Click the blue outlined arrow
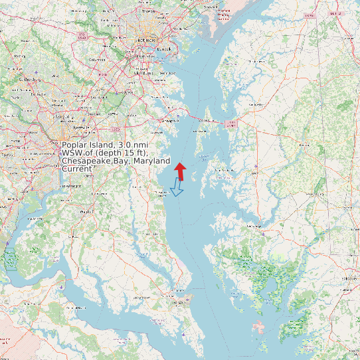click(x=176, y=190)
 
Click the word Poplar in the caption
click(x=74, y=145)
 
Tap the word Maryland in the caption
click(x=151, y=161)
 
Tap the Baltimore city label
click(x=151, y=41)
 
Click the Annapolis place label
click(x=169, y=121)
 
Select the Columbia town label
click(x=98, y=60)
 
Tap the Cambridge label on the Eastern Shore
click(x=253, y=226)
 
